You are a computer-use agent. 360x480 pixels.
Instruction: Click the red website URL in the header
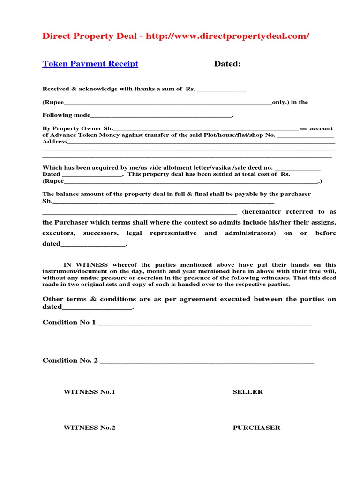click(227, 37)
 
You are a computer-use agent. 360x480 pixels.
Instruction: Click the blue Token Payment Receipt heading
click(90, 64)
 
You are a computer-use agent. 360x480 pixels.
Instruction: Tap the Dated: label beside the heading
click(227, 64)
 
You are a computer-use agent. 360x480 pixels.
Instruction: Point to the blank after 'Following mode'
click(161, 116)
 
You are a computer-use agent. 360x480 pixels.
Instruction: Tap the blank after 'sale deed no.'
click(297, 168)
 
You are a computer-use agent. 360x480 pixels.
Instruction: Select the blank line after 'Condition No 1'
click(205, 323)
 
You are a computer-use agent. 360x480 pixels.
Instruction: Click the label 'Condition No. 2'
click(70, 360)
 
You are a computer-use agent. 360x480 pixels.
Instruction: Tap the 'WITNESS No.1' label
click(89, 392)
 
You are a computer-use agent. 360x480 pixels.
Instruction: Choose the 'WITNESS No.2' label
click(89, 428)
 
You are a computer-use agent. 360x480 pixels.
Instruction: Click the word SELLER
click(248, 392)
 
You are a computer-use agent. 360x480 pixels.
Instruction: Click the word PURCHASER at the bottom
click(256, 428)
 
